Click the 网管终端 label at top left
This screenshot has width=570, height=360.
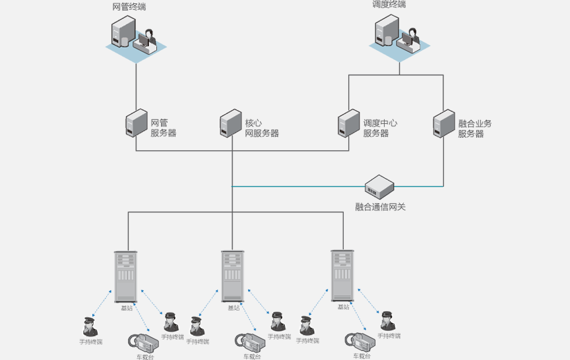[130, 7]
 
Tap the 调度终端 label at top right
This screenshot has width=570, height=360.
[389, 5]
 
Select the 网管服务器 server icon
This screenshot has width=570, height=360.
[136, 123]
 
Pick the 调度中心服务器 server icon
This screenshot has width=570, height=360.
[348, 123]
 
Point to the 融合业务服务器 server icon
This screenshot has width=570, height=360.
[443, 123]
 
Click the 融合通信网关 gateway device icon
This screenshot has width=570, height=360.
[379, 187]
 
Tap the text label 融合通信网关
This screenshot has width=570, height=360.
[380, 207]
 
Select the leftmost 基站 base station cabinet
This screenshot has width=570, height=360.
[125, 276]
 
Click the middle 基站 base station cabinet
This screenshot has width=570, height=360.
[232, 276]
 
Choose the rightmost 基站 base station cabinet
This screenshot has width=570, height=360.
[342, 276]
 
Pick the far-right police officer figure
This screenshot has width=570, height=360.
[387, 322]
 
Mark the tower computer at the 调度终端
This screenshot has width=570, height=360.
[385, 31]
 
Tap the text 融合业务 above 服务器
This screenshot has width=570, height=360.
[475, 123]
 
